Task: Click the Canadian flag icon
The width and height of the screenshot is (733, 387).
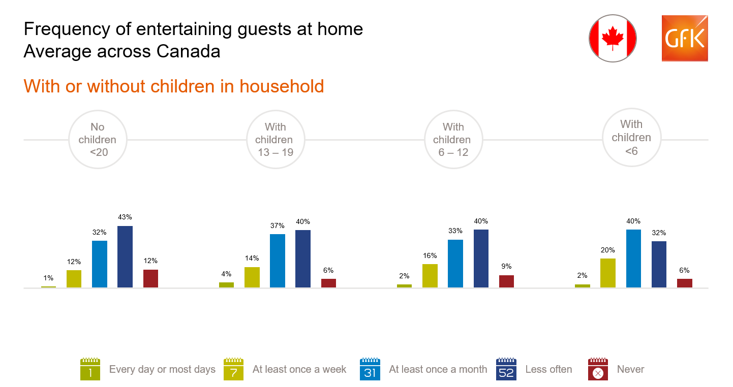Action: [613, 38]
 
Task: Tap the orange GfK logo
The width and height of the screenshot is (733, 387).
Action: [685, 38]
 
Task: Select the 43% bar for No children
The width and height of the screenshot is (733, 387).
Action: [125, 256]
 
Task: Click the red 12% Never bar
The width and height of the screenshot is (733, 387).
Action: [150, 278]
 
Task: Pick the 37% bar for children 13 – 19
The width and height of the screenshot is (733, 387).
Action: [278, 261]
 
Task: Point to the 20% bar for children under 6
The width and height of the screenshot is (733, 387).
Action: [608, 273]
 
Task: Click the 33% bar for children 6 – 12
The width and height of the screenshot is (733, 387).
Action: [455, 264]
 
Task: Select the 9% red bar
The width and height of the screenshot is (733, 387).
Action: [507, 281]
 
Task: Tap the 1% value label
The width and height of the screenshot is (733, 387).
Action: [48, 278]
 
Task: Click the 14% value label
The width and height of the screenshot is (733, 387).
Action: [252, 258]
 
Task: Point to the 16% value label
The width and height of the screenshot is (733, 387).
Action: [430, 255]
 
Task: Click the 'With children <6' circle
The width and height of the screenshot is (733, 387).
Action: [631, 138]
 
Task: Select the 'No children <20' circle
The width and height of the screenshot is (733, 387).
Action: [98, 140]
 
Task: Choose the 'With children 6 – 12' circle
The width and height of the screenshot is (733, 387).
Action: [453, 140]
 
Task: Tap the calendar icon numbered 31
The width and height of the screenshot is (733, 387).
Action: [370, 369]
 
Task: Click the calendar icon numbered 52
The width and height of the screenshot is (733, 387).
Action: [506, 369]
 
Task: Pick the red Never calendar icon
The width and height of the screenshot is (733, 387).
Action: [598, 369]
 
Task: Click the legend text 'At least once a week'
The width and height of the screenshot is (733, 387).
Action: [299, 369]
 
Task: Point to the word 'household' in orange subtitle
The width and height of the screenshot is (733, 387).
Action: [282, 86]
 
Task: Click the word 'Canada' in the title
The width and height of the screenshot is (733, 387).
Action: [188, 51]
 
